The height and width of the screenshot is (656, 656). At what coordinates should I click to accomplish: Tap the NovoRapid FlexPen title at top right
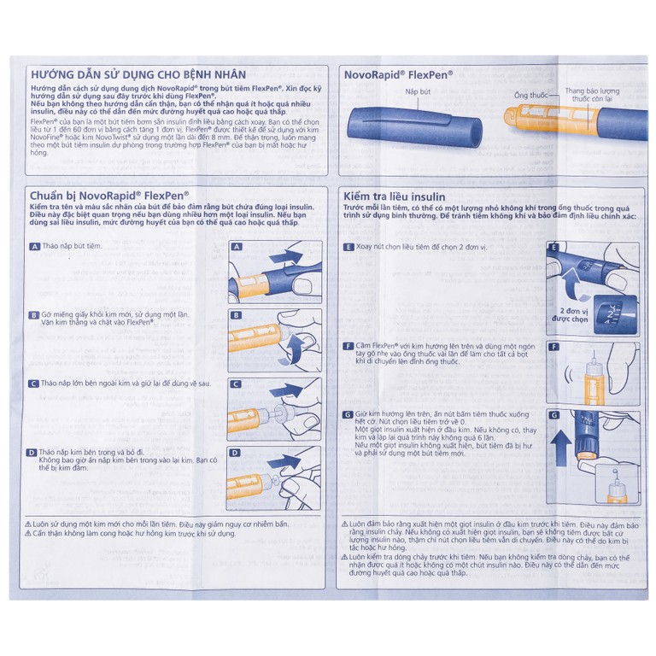[398, 74]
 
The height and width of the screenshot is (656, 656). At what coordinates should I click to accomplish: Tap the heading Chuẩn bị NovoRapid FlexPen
[109, 195]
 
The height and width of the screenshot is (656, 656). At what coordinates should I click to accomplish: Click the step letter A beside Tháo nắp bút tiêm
[34, 246]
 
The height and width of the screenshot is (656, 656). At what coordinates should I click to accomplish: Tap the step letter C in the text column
[34, 384]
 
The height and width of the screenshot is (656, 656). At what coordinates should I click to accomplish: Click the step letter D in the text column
[34, 452]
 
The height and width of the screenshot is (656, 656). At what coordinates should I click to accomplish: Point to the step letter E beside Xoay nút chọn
[348, 246]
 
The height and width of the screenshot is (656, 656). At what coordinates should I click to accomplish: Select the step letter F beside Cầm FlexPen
[348, 346]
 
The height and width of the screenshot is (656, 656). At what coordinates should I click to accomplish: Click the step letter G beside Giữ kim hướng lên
[348, 414]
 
